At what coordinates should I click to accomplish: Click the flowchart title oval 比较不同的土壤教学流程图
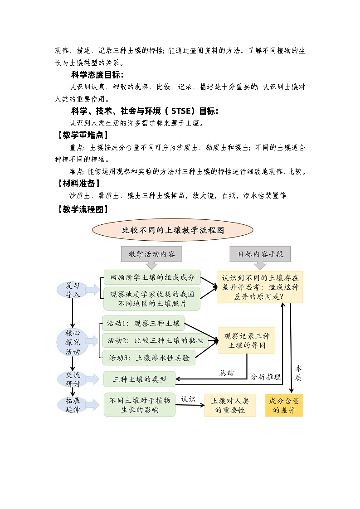173,230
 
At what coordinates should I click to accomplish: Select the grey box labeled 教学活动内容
151,254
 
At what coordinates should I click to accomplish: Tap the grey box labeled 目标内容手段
260,254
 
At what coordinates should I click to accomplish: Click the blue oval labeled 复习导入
73,290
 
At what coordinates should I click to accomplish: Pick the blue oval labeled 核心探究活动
73,342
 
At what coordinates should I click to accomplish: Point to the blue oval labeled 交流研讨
73,378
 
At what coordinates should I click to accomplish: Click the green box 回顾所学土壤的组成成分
152,277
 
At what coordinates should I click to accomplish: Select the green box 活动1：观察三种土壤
143,324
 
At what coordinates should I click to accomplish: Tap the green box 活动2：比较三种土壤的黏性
155,340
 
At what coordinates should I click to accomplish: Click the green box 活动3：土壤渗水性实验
149,358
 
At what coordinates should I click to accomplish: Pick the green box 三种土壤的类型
140,379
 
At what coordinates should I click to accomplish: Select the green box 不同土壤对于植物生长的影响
140,405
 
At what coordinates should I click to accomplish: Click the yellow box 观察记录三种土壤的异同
247,341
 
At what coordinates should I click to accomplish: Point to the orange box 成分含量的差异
284,405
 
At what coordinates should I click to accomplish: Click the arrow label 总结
227,373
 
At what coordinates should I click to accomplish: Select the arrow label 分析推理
266,377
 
